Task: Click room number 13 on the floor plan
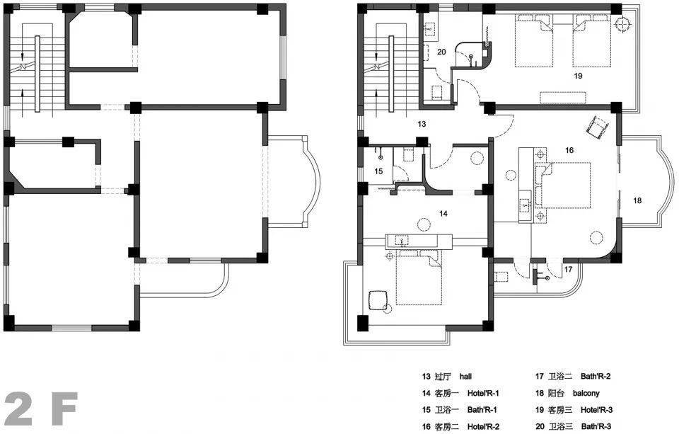click(422, 124)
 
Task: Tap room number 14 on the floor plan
click(443, 213)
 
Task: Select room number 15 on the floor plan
click(378, 171)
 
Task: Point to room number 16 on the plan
click(569, 150)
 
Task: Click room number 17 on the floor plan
click(568, 269)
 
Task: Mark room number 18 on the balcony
click(637, 200)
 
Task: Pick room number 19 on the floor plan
click(578, 76)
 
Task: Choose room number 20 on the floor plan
click(441, 52)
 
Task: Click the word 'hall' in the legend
click(465, 377)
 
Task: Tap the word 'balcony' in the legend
click(586, 393)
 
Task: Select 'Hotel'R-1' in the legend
click(483, 393)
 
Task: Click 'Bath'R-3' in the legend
click(596, 426)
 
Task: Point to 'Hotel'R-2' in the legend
click(483, 426)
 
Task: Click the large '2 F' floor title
click(41, 409)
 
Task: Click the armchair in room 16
click(596, 126)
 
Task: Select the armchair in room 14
click(378, 300)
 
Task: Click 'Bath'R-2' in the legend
click(596, 377)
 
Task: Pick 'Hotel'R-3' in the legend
click(596, 410)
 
